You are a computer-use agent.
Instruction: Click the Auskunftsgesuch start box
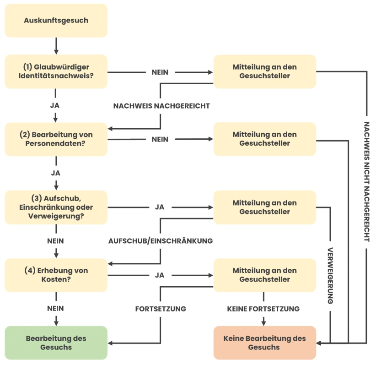click(x=56, y=21)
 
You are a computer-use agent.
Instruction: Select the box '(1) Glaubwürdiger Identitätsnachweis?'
click(x=56, y=71)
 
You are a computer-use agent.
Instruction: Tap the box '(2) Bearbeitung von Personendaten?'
click(x=56, y=139)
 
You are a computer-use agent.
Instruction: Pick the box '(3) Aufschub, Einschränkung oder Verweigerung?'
click(x=56, y=207)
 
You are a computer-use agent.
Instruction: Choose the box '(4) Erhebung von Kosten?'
click(x=56, y=275)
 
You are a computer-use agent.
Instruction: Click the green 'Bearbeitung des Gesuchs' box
click(x=56, y=343)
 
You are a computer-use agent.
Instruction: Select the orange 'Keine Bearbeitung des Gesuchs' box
click(x=264, y=343)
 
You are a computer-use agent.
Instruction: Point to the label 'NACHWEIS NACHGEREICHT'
click(x=161, y=106)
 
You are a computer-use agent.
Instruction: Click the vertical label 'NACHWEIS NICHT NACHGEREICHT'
click(x=366, y=181)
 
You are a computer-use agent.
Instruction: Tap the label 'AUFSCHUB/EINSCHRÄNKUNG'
click(x=161, y=241)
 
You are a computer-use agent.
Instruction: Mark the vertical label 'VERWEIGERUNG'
click(x=330, y=276)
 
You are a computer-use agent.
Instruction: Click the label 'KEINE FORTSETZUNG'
click(x=263, y=309)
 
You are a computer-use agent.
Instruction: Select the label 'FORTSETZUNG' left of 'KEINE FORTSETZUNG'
click(x=161, y=309)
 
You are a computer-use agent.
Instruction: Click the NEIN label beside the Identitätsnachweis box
click(x=160, y=72)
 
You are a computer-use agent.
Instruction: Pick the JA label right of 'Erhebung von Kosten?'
click(x=160, y=275)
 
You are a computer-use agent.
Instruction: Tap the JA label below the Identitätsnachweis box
click(x=55, y=105)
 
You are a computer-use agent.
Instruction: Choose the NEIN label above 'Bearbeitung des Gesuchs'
click(x=55, y=309)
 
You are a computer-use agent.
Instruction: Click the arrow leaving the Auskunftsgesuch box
click(x=56, y=45)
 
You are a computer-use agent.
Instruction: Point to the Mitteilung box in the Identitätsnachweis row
click(x=264, y=71)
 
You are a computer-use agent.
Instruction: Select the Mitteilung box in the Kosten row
click(x=264, y=275)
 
